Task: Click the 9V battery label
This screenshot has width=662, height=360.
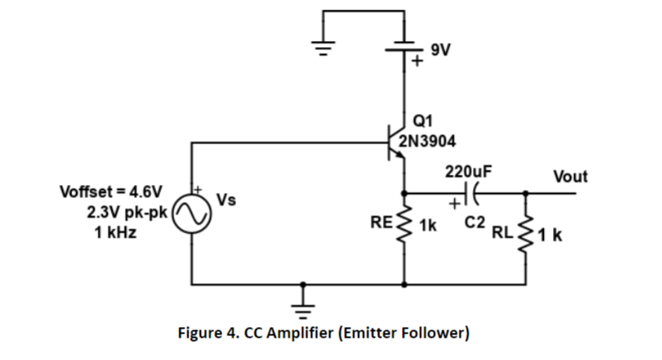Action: pyautogui.click(x=440, y=50)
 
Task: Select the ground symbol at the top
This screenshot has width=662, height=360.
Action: pyautogui.click(x=324, y=48)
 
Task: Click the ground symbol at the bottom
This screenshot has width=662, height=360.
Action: pyautogui.click(x=303, y=311)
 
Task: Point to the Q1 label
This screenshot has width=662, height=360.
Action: pyautogui.click(x=423, y=121)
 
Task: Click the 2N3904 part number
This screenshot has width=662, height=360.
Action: pyautogui.click(x=428, y=141)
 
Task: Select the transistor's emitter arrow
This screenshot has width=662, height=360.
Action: pyautogui.click(x=399, y=154)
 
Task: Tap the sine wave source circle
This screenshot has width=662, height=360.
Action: pyautogui.click(x=192, y=214)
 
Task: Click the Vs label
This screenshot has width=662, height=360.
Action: pyautogui.click(x=226, y=200)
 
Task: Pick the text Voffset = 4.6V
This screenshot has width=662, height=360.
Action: pyautogui.click(x=111, y=192)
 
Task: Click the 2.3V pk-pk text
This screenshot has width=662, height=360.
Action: pyautogui.click(x=127, y=212)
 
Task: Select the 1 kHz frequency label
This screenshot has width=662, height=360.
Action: pyautogui.click(x=116, y=232)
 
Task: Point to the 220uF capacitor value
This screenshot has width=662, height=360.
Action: pyautogui.click(x=468, y=172)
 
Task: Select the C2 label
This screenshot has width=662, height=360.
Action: pyautogui.click(x=475, y=222)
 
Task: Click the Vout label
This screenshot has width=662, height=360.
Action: pyautogui.click(x=570, y=177)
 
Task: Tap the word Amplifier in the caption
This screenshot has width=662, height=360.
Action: pyautogui.click(x=300, y=333)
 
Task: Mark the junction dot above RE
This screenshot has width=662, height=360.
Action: pyautogui.click(x=404, y=193)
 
